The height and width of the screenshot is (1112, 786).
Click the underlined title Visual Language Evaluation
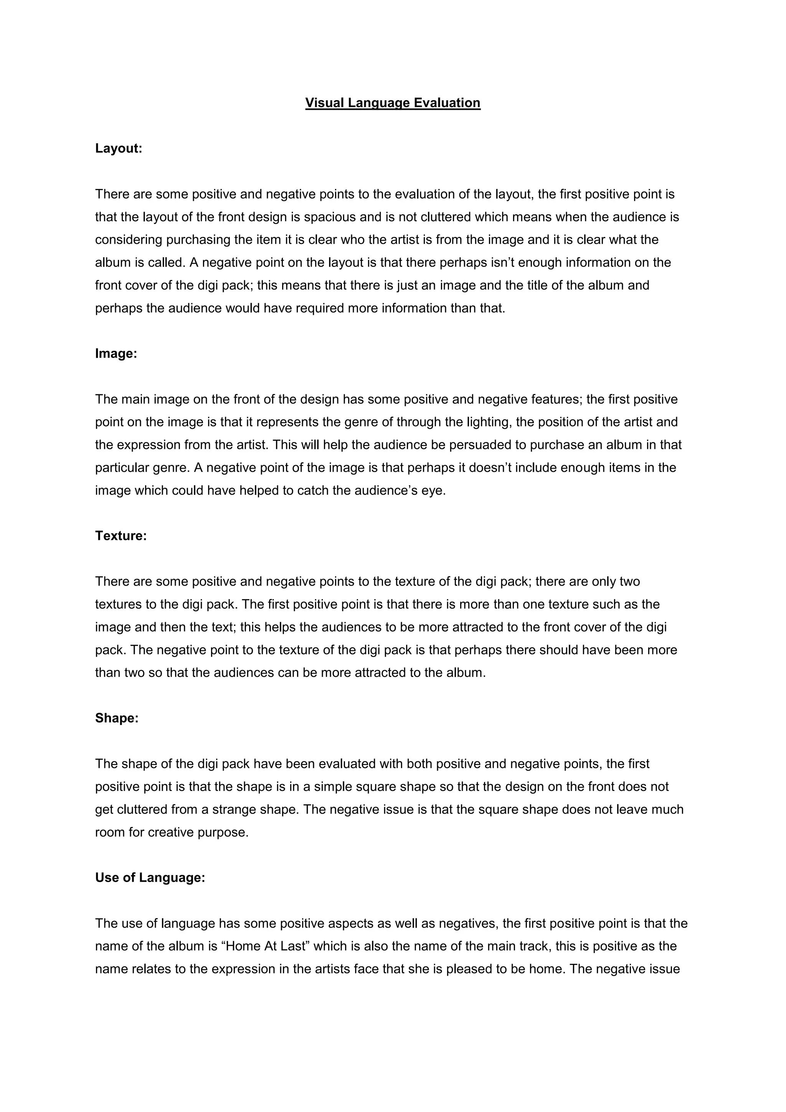tap(393, 103)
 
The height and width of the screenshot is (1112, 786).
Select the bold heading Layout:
tap(119, 148)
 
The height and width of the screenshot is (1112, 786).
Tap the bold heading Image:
tap(116, 354)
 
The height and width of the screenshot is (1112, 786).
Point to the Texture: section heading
tap(121, 536)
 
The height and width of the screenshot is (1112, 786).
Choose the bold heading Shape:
tap(117, 718)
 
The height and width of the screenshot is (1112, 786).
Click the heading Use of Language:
tap(150, 878)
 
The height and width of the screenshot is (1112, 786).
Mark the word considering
tap(128, 240)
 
